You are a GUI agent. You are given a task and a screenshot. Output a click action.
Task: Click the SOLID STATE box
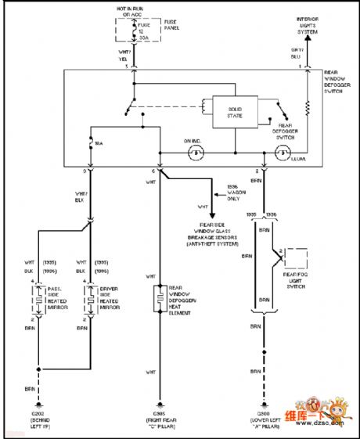235,111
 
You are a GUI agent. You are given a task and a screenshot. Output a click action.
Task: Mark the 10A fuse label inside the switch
98,145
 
